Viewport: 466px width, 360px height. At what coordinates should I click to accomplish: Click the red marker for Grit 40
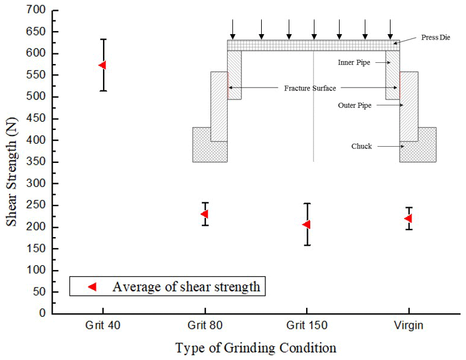(102, 65)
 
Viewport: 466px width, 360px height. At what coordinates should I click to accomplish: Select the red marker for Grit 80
(204, 214)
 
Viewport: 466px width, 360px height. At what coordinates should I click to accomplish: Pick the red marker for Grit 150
(306, 224)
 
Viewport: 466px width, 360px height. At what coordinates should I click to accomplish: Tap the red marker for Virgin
(408, 218)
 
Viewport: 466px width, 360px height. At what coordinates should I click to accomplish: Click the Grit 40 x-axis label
(103, 326)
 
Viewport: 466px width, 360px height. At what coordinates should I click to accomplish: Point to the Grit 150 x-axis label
(306, 326)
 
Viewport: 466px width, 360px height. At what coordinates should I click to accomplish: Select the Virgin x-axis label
(408, 326)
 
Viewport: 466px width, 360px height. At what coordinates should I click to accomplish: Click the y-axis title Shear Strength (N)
(12, 162)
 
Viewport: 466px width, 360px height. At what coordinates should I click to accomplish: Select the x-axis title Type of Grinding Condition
(256, 348)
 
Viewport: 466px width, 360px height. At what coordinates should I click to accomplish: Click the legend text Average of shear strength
(186, 287)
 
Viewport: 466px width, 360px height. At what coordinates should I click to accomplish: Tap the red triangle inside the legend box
(92, 287)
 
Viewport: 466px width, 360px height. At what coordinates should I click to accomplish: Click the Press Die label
(432, 38)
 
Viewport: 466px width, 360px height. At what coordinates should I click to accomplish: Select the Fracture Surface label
(310, 88)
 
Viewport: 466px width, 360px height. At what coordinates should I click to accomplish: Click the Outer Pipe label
(355, 105)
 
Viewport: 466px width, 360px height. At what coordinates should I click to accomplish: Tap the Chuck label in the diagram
(361, 146)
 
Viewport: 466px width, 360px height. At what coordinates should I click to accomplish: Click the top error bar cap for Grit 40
(103, 40)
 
